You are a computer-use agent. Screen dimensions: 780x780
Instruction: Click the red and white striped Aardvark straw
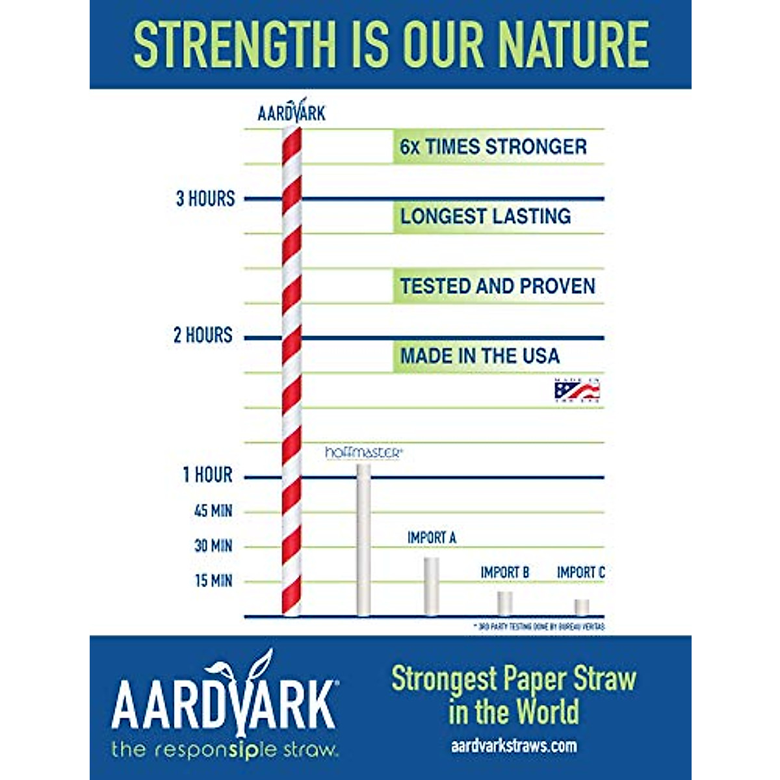click(x=291, y=370)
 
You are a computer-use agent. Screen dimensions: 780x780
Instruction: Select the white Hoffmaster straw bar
click(x=363, y=539)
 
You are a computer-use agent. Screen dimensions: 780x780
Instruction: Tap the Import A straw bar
click(x=432, y=586)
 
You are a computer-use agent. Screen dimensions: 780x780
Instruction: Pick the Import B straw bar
click(x=505, y=603)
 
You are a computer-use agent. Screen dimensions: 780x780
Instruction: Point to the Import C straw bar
click(x=582, y=606)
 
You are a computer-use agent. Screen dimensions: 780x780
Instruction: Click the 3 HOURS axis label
click(x=205, y=199)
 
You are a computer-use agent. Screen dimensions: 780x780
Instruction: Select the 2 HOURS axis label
click(x=203, y=335)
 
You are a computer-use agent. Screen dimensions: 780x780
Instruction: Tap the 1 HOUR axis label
click(x=207, y=475)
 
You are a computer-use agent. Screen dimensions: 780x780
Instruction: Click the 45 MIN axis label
click(x=213, y=511)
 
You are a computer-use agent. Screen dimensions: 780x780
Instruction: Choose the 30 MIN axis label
click(x=213, y=546)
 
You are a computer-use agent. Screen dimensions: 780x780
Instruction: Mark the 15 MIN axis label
click(x=213, y=581)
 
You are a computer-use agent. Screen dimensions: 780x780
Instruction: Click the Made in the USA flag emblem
click(x=577, y=390)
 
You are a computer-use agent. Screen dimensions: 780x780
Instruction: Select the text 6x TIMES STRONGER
click(x=493, y=147)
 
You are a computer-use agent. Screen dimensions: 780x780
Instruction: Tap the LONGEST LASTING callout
click(x=486, y=216)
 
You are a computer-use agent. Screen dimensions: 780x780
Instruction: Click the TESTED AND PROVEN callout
click(x=497, y=286)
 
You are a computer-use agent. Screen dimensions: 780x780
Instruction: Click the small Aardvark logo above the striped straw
click(x=292, y=112)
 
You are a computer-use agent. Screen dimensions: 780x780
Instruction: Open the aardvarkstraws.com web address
click(x=513, y=746)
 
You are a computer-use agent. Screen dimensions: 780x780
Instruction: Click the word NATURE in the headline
click(x=572, y=44)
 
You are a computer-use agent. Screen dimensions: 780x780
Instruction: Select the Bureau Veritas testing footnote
click(x=539, y=627)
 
